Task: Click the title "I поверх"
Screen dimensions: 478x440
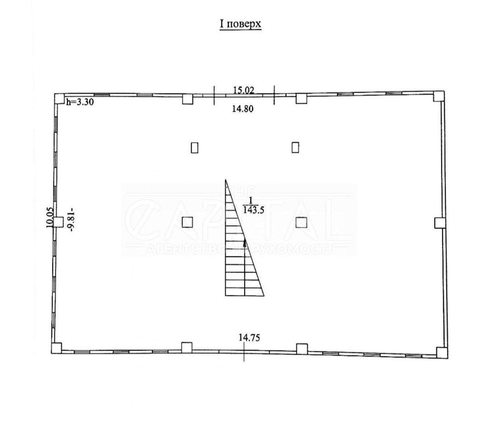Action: click(x=240, y=24)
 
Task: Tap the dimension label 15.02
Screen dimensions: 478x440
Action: click(x=243, y=90)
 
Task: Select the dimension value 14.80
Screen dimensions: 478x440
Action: click(x=243, y=109)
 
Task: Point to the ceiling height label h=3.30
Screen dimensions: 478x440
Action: click(x=80, y=102)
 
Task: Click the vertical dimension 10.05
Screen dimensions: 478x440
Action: click(x=50, y=217)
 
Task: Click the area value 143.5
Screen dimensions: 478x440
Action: click(x=254, y=210)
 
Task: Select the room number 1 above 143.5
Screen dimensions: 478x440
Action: click(x=250, y=201)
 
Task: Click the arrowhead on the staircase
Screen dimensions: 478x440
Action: click(x=245, y=244)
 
